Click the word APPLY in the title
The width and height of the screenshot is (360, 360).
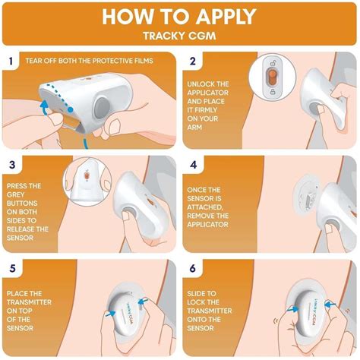(226, 17)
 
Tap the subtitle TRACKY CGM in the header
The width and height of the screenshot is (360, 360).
(179, 36)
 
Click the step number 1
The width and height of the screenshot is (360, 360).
(11, 61)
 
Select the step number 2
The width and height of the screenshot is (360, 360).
(193, 61)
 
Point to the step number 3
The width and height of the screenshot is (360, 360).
(12, 165)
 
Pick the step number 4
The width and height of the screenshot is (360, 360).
(193, 165)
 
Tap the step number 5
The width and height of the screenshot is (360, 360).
(12, 269)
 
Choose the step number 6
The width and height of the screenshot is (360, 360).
(193, 269)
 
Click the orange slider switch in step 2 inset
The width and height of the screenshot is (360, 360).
(273, 77)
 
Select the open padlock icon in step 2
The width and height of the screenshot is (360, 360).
(273, 63)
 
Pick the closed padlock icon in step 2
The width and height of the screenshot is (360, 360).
(273, 92)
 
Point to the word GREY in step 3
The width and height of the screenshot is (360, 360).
(16, 194)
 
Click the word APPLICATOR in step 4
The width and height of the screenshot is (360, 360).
(207, 225)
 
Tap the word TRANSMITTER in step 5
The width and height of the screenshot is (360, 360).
(29, 302)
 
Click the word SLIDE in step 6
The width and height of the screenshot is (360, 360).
(197, 294)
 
